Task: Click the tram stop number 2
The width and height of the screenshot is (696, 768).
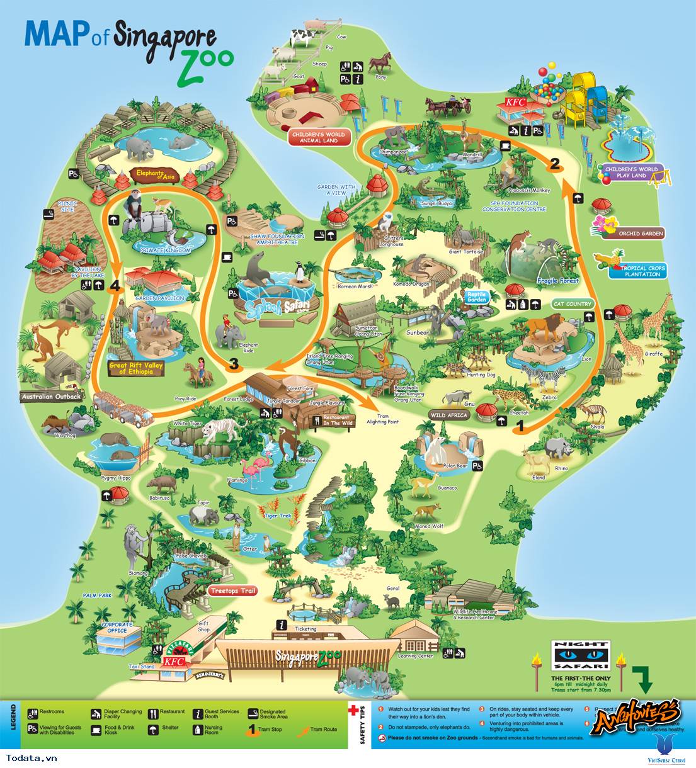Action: click(x=554, y=164)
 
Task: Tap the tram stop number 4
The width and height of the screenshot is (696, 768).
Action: click(x=114, y=287)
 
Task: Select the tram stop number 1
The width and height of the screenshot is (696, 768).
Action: click(x=520, y=426)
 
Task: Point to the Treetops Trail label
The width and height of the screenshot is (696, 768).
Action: click(x=232, y=591)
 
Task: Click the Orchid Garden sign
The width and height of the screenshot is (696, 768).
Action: click(x=641, y=233)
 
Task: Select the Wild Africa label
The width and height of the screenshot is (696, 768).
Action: click(x=449, y=415)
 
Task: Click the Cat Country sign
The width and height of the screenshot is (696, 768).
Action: click(x=572, y=303)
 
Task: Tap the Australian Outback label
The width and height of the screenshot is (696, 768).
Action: click(x=51, y=397)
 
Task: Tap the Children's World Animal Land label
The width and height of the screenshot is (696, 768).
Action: click(x=317, y=137)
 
